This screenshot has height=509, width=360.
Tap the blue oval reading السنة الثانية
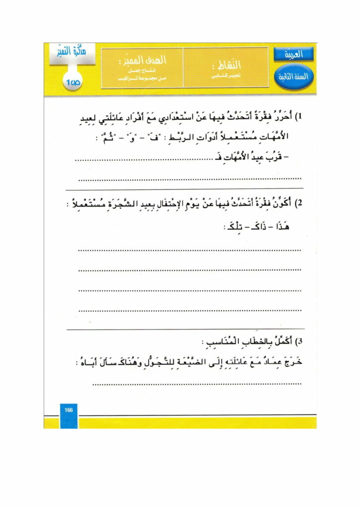tap(293, 77)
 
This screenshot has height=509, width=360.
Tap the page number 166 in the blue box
tap(69, 410)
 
